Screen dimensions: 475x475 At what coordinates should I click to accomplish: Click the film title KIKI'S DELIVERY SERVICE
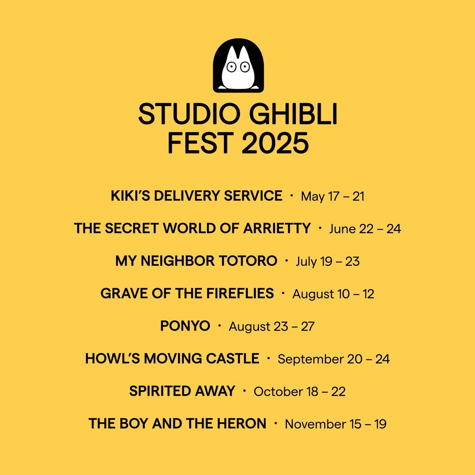(197, 196)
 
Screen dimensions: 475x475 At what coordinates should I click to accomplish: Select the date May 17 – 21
(332, 196)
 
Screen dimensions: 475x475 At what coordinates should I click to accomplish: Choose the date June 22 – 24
(365, 229)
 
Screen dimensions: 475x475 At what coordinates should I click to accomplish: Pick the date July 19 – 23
(327, 262)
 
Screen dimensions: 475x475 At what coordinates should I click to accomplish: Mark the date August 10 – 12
(333, 294)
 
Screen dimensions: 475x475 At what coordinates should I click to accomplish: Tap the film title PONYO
(185, 326)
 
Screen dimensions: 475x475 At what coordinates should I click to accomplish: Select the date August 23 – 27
(272, 327)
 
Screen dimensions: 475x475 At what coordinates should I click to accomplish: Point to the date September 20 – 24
(334, 359)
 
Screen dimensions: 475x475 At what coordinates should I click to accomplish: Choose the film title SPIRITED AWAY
(182, 391)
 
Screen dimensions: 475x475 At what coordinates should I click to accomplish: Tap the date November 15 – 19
(336, 424)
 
